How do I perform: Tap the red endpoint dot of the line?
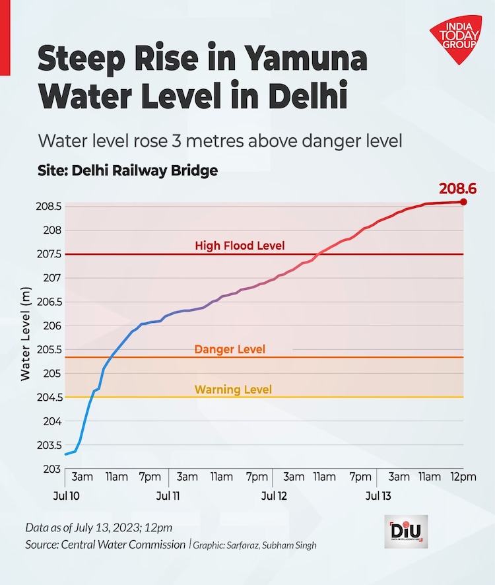click(x=463, y=202)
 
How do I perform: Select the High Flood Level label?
click(x=240, y=246)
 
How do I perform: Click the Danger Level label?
click(x=230, y=349)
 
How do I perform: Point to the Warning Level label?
click(x=233, y=390)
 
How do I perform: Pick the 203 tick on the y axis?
click(x=53, y=469)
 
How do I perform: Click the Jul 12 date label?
click(x=273, y=495)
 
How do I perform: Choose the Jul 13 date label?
click(x=378, y=495)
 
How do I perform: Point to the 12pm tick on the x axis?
click(x=462, y=477)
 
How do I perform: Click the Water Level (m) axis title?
click(x=26, y=333)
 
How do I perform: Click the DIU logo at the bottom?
click(x=406, y=532)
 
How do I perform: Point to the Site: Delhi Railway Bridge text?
click(x=127, y=170)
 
